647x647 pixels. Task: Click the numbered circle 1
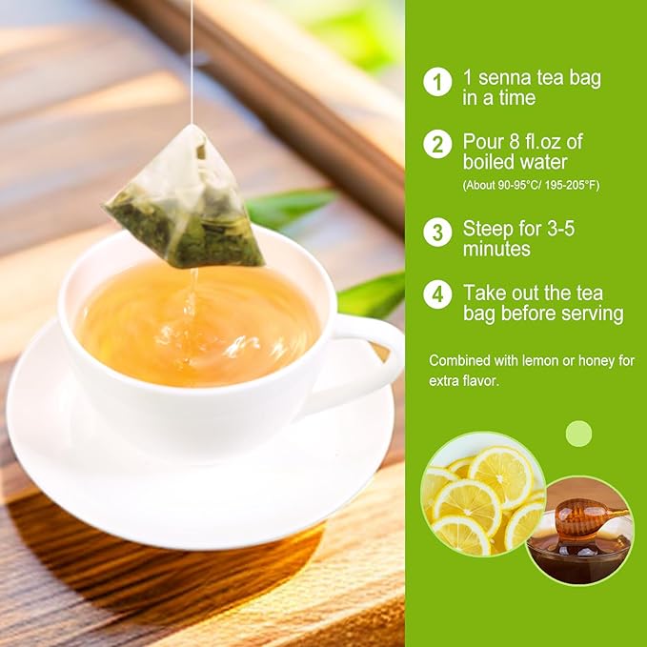[x=437, y=81]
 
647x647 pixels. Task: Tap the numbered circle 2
[x=437, y=145]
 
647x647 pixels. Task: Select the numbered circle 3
[x=437, y=232]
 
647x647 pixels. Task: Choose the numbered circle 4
[x=437, y=294]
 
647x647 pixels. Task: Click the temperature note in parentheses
[x=531, y=184]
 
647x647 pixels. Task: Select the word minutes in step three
[x=496, y=250]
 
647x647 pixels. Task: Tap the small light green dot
[x=578, y=434]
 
